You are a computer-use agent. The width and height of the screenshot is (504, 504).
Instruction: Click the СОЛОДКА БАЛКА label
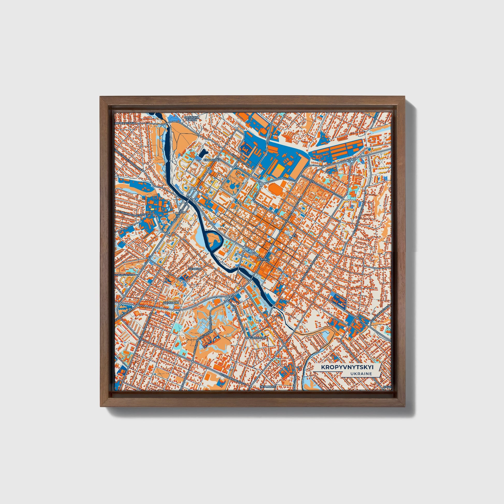192,119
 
